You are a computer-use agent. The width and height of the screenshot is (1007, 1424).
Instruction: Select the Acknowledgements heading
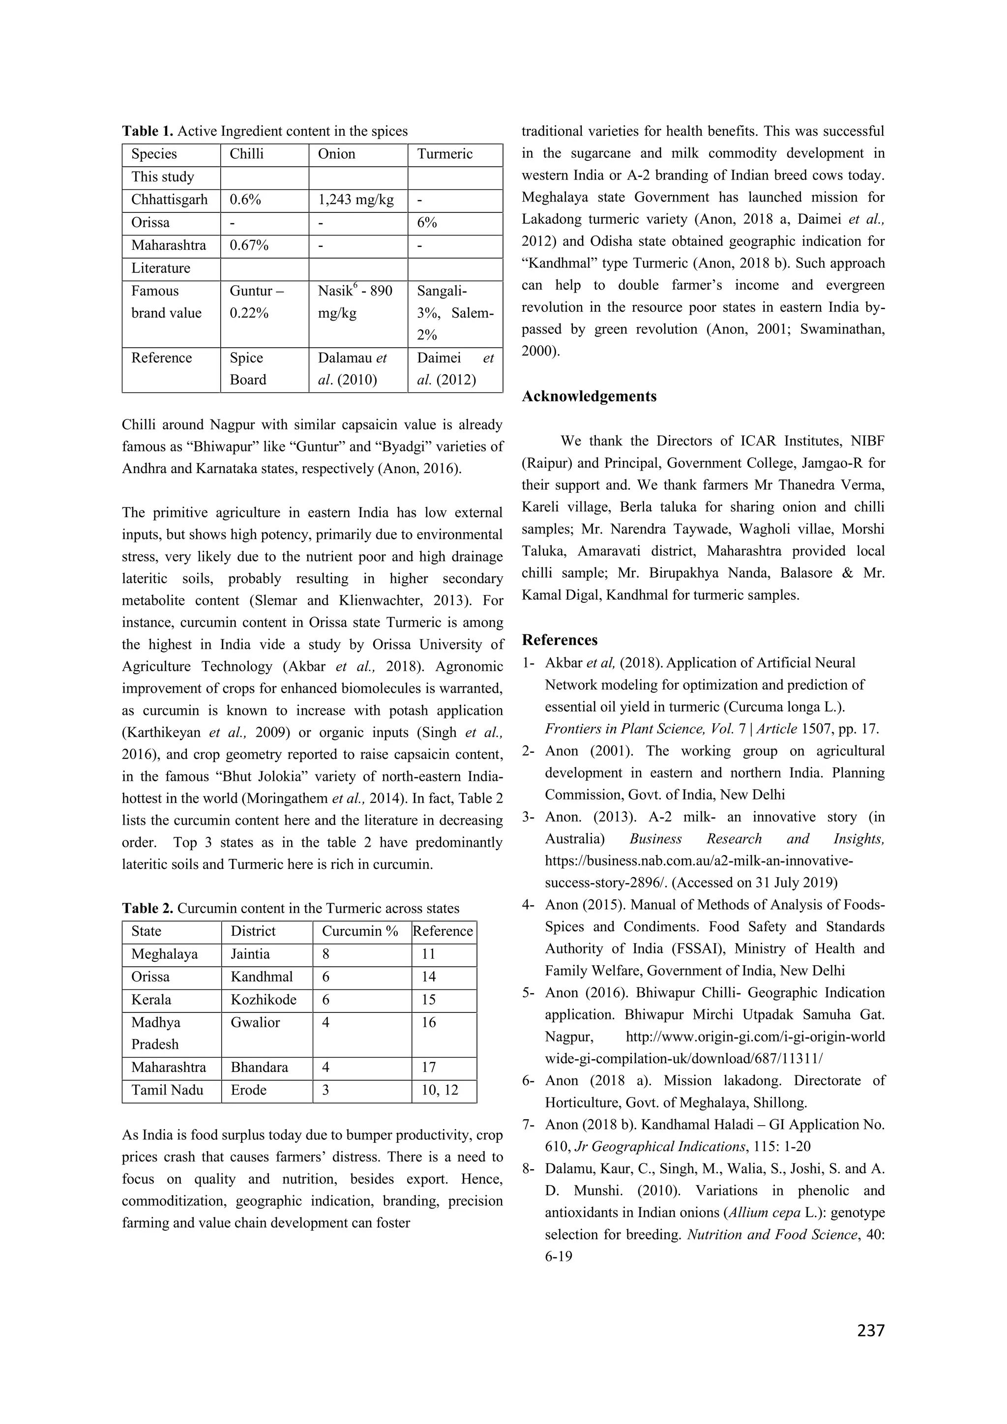(589, 396)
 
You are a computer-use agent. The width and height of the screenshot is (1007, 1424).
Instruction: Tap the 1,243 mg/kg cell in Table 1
(356, 200)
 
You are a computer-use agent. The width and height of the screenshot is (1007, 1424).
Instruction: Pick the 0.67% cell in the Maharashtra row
(249, 245)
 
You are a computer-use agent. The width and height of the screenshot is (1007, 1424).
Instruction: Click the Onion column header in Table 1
(337, 154)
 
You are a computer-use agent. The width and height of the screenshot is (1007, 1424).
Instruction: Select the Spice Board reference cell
(247, 369)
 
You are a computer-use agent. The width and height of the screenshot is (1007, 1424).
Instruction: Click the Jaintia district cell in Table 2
(250, 954)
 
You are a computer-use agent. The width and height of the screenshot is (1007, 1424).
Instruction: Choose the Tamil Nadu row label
(167, 1090)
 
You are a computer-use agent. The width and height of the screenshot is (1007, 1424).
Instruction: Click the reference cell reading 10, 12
(440, 1090)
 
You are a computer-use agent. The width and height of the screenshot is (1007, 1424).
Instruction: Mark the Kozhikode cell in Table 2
(264, 999)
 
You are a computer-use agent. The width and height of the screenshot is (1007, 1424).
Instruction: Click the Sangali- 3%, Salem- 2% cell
(454, 313)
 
